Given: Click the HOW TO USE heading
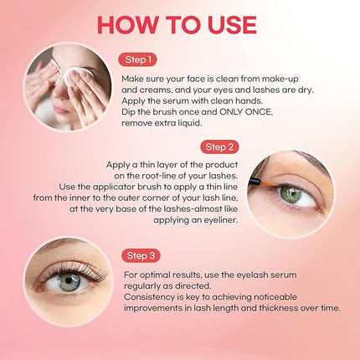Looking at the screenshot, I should [180, 22].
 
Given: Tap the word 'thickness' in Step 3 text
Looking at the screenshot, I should [280, 307].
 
